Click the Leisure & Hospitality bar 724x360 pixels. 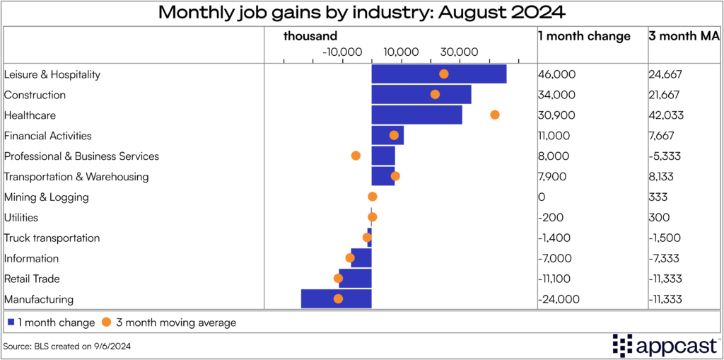(438, 74)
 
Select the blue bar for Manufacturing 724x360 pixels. (336, 299)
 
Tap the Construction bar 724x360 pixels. (421, 95)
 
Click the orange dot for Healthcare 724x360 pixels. (495, 115)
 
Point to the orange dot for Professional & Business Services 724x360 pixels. (356, 156)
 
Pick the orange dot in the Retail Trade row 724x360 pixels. (338, 279)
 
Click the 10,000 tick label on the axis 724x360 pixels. (401, 52)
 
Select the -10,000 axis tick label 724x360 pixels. (342, 52)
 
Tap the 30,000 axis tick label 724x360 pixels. (460, 52)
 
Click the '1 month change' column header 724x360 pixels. (584, 36)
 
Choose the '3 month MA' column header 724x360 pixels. (684, 36)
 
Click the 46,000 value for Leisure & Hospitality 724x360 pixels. (556, 74)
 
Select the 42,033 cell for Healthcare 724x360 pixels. (665, 115)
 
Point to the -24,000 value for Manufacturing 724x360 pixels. (559, 299)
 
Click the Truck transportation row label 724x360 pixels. (52, 238)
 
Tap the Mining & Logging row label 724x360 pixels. (47, 197)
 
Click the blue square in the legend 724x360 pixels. (11, 323)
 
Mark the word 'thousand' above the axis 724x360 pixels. (310, 36)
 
